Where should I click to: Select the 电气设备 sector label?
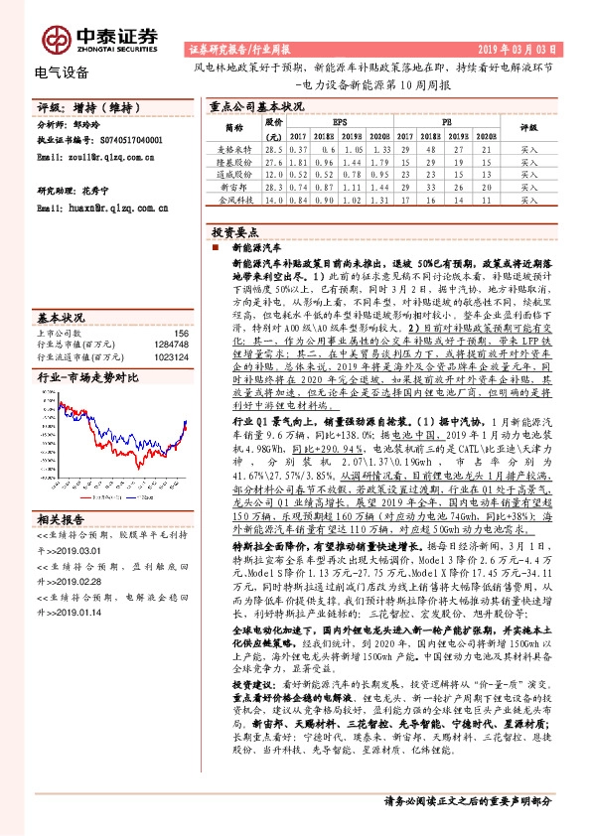point(61,72)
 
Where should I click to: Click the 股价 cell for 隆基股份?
point(275,160)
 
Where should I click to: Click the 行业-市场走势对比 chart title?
point(87,377)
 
